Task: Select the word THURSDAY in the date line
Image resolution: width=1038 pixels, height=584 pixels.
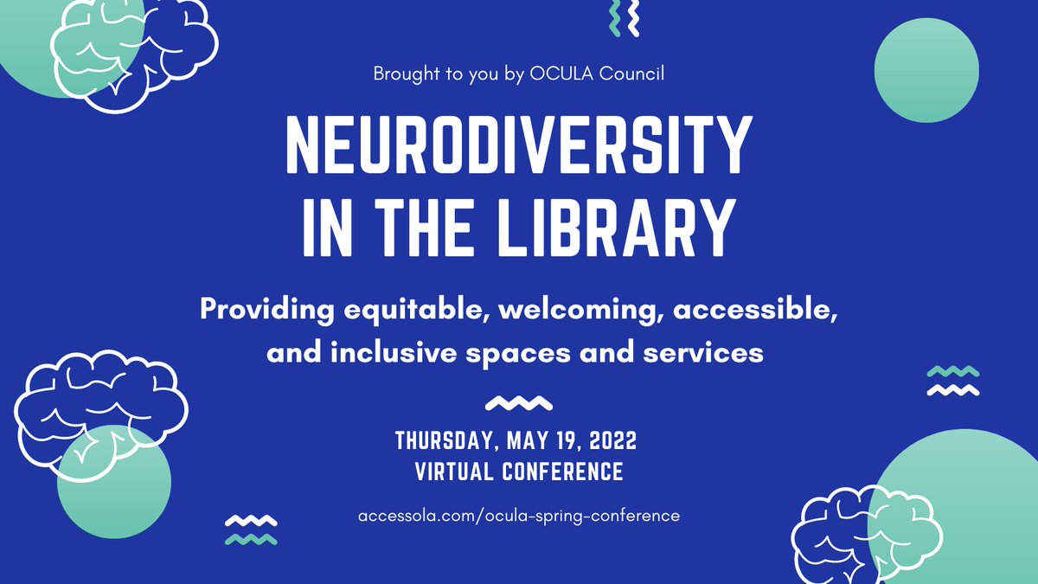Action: pyautogui.click(x=443, y=441)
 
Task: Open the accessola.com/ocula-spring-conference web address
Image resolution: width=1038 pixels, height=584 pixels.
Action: pyautogui.click(x=519, y=516)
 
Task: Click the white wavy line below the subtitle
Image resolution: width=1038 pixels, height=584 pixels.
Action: pyautogui.click(x=519, y=402)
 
